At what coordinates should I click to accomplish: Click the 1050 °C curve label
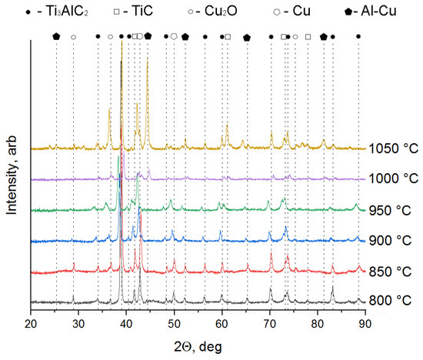tap(393, 149)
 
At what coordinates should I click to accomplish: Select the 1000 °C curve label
tap(393, 179)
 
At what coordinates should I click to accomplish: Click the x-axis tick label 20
tap(30, 324)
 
